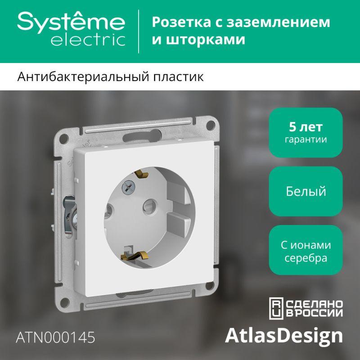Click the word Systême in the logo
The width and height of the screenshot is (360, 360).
[71, 22]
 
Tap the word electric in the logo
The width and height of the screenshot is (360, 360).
[88, 40]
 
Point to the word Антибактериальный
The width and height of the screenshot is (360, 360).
[83, 77]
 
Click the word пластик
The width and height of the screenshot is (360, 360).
[178, 76]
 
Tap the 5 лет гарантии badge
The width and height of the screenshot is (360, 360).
[306, 132]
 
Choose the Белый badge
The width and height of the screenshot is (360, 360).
[306, 191]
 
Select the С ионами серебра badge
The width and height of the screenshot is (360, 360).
[306, 250]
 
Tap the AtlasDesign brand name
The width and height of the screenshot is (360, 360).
[284, 336]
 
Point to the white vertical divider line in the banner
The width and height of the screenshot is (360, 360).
[139, 31]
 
